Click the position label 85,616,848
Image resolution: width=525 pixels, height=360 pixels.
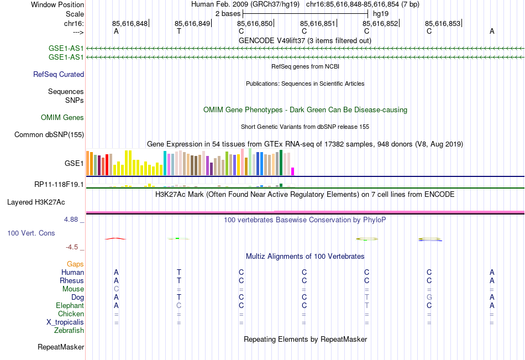tap(130, 23)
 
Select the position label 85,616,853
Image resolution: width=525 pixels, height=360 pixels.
tap(443, 23)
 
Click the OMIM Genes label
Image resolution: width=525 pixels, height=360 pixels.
tap(62, 117)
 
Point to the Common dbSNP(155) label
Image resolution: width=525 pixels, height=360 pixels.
tap(49, 134)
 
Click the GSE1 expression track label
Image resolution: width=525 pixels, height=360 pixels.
tap(74, 164)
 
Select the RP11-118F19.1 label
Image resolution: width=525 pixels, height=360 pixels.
tap(59, 184)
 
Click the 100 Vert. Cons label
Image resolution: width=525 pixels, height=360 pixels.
tap(31, 233)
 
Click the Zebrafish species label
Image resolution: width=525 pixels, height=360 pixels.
tap(69, 331)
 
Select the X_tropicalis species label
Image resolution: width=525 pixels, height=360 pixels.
tap(65, 322)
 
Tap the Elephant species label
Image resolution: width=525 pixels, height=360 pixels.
tap(70, 306)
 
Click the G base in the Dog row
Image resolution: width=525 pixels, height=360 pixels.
tap(429, 298)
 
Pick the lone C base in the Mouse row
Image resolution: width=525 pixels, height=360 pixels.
tap(116, 289)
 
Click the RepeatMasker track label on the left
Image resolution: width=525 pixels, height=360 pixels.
tap(61, 347)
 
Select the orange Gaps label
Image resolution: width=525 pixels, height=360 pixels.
tap(76, 264)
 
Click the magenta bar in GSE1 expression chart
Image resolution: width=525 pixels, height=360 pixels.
tap(293, 171)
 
